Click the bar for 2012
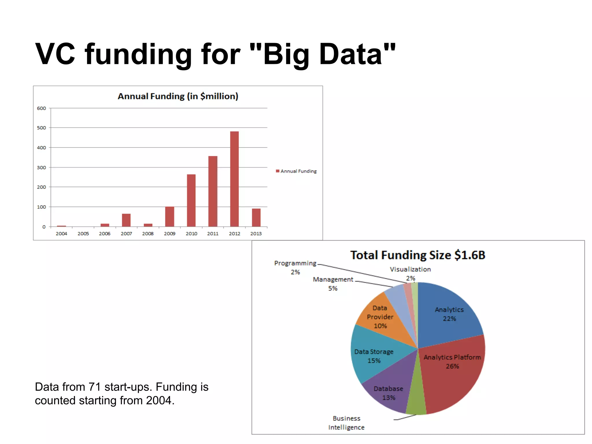[x=234, y=179]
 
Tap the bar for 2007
[x=126, y=220]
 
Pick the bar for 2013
[x=256, y=217]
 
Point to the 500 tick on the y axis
[x=41, y=128]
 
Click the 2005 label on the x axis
[x=83, y=234]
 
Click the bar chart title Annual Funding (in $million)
[x=178, y=96]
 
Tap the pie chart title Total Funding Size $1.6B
[x=418, y=255]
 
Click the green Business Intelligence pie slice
[x=417, y=402]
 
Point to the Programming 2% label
[x=295, y=267]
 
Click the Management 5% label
[x=333, y=284]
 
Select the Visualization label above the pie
[x=410, y=269]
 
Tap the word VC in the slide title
[x=55, y=54]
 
